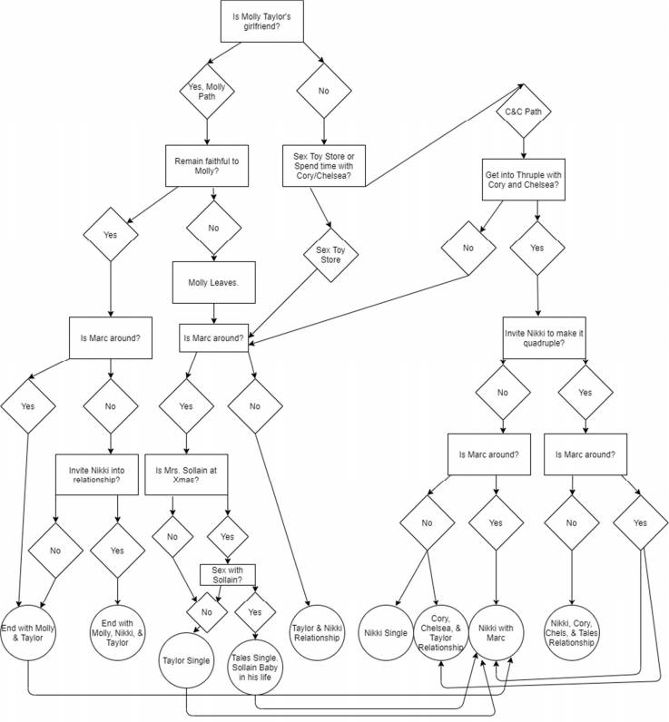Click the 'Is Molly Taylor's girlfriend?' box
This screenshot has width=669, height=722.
tap(266, 21)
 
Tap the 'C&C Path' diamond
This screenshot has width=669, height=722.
tap(523, 112)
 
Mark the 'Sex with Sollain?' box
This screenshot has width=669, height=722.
tap(227, 574)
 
